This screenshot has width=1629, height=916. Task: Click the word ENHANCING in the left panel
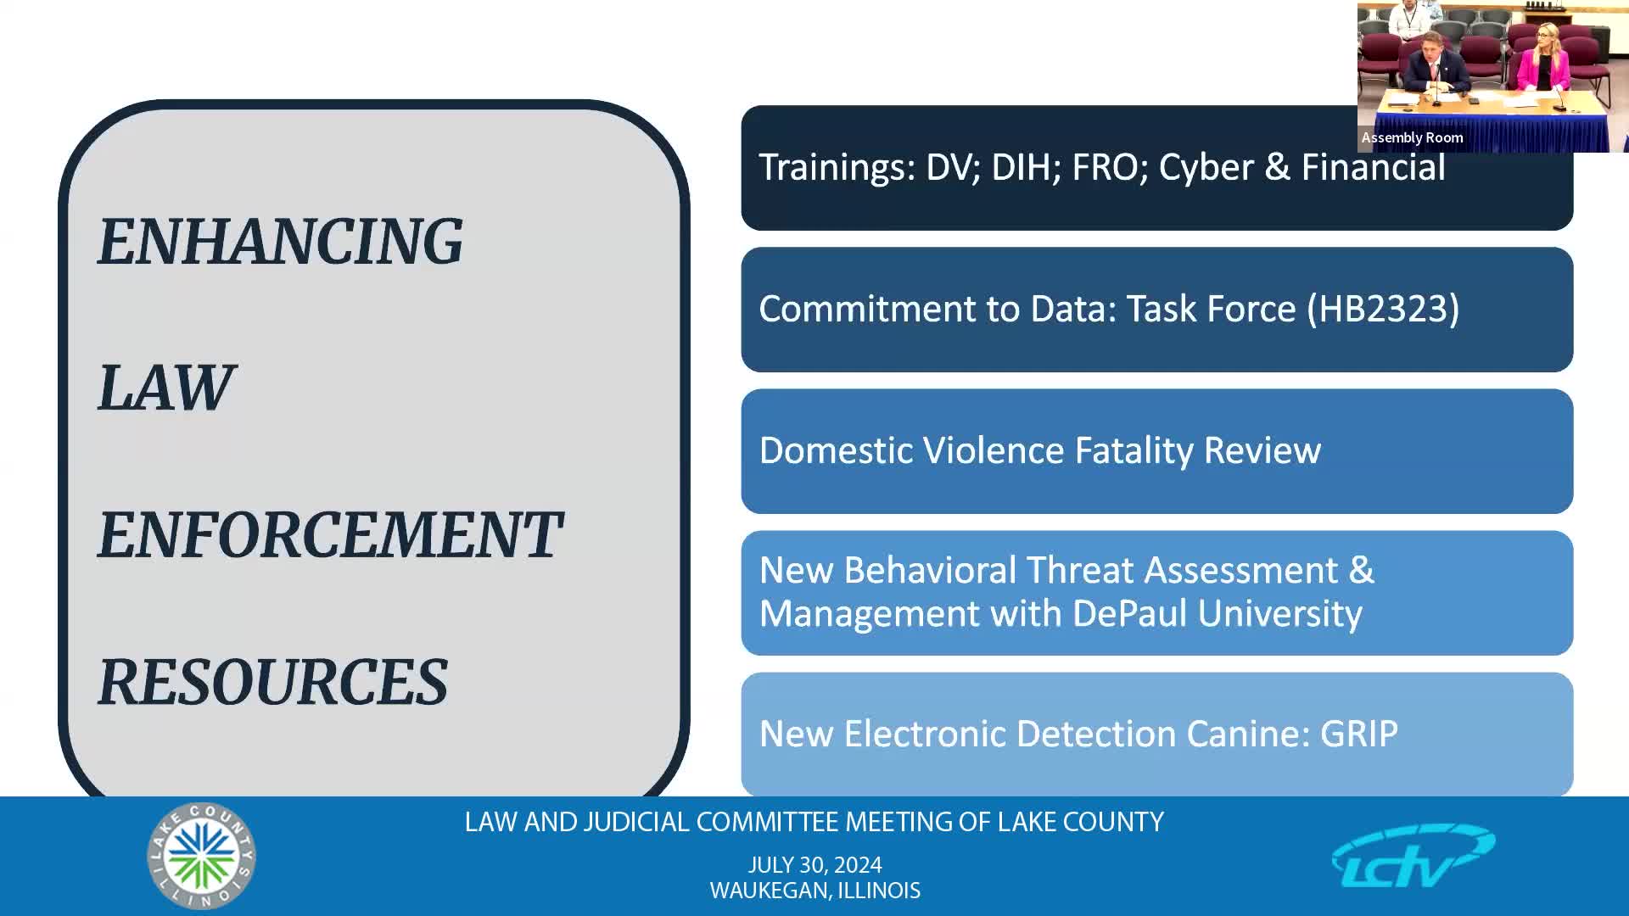click(280, 242)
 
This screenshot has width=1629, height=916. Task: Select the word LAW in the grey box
click(166, 388)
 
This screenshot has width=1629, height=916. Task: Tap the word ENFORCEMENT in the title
click(330, 535)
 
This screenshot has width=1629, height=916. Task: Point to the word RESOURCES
click(273, 682)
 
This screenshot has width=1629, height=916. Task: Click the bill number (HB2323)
click(1383, 309)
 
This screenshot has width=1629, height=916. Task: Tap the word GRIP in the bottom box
click(1359, 734)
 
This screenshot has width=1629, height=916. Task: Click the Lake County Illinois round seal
click(202, 856)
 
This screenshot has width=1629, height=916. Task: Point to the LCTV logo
click(1413, 855)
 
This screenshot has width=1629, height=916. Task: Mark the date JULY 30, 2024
click(814, 865)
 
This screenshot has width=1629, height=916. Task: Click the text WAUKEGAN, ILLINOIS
click(815, 891)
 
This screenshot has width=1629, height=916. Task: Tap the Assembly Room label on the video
click(1412, 137)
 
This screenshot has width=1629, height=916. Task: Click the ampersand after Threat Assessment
click(1361, 570)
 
